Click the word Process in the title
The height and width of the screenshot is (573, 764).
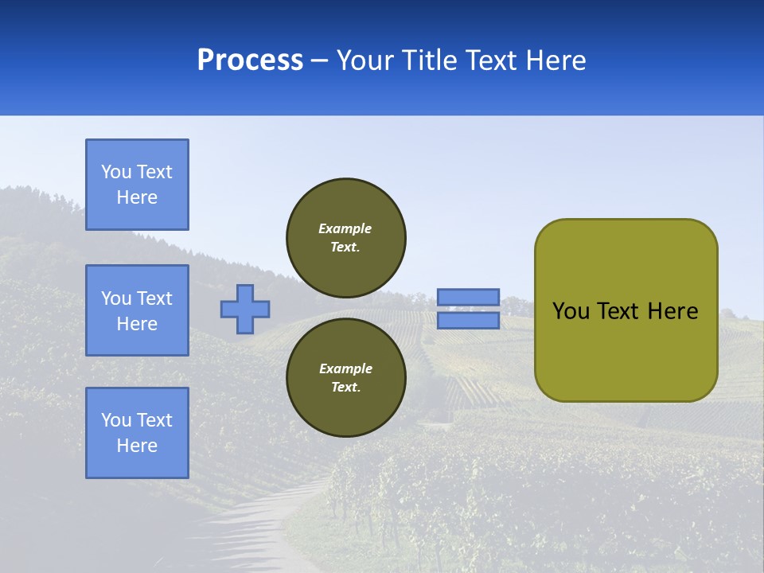coord(250,60)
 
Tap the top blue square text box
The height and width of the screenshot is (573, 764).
coord(137,185)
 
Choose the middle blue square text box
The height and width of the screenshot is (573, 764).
coord(137,310)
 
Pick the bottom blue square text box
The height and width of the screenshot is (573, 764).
coord(137,433)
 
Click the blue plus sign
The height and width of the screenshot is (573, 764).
coord(245,309)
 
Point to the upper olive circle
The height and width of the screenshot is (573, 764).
coord(346,238)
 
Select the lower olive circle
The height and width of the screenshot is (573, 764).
coord(346,378)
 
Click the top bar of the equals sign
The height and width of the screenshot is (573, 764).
coord(468,298)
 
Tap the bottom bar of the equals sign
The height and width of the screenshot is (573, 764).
coord(468,320)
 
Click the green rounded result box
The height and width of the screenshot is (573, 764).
coord(626,310)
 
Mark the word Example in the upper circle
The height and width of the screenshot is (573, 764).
coord(345,228)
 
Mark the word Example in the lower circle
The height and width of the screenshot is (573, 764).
coord(345,368)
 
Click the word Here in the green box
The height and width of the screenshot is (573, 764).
coord(672,311)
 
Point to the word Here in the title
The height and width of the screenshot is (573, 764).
coord(556,60)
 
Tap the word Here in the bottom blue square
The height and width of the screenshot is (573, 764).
coord(137,446)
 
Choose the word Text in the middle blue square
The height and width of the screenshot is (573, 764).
coord(154,298)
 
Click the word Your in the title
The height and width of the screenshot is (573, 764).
coord(365,60)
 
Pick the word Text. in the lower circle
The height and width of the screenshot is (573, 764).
coord(345,388)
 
